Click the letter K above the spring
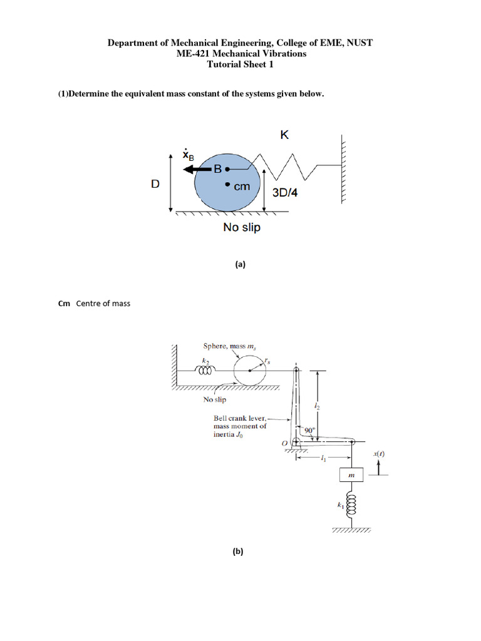284,135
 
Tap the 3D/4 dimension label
286,193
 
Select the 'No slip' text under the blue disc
242,228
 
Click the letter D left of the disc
155,184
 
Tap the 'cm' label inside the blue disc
242,186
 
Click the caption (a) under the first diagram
240,264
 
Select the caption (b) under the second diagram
237,551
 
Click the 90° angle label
309,430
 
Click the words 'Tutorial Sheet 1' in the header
240,64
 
